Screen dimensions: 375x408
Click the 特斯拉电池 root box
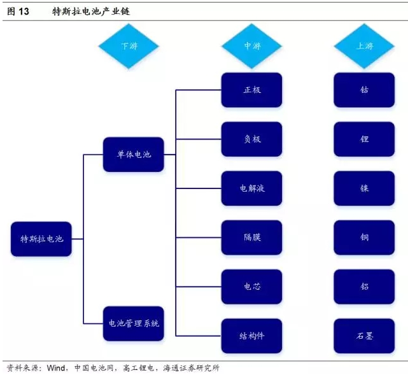[x=41, y=239]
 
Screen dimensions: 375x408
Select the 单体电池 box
[x=133, y=155]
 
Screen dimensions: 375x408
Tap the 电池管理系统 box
[x=133, y=323]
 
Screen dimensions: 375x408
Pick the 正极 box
[x=251, y=90]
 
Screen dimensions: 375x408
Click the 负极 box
[x=251, y=139]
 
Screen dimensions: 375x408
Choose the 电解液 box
[x=251, y=188]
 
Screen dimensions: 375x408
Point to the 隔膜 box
[x=251, y=237]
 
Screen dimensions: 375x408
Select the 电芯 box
[x=251, y=287]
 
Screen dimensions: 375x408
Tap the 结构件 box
[x=251, y=336]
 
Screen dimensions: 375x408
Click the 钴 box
[x=364, y=90]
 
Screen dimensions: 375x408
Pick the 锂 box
[x=364, y=139]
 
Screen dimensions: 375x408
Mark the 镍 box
[x=364, y=188]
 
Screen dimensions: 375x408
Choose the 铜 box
[x=364, y=237]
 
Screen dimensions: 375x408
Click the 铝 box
[x=364, y=287]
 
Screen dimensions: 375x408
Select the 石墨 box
[x=364, y=336]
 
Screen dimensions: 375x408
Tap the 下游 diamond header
[x=128, y=46]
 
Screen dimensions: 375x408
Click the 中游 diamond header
[x=251, y=46]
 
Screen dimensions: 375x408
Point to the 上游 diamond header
[x=364, y=46]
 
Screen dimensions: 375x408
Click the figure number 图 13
[x=18, y=12]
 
